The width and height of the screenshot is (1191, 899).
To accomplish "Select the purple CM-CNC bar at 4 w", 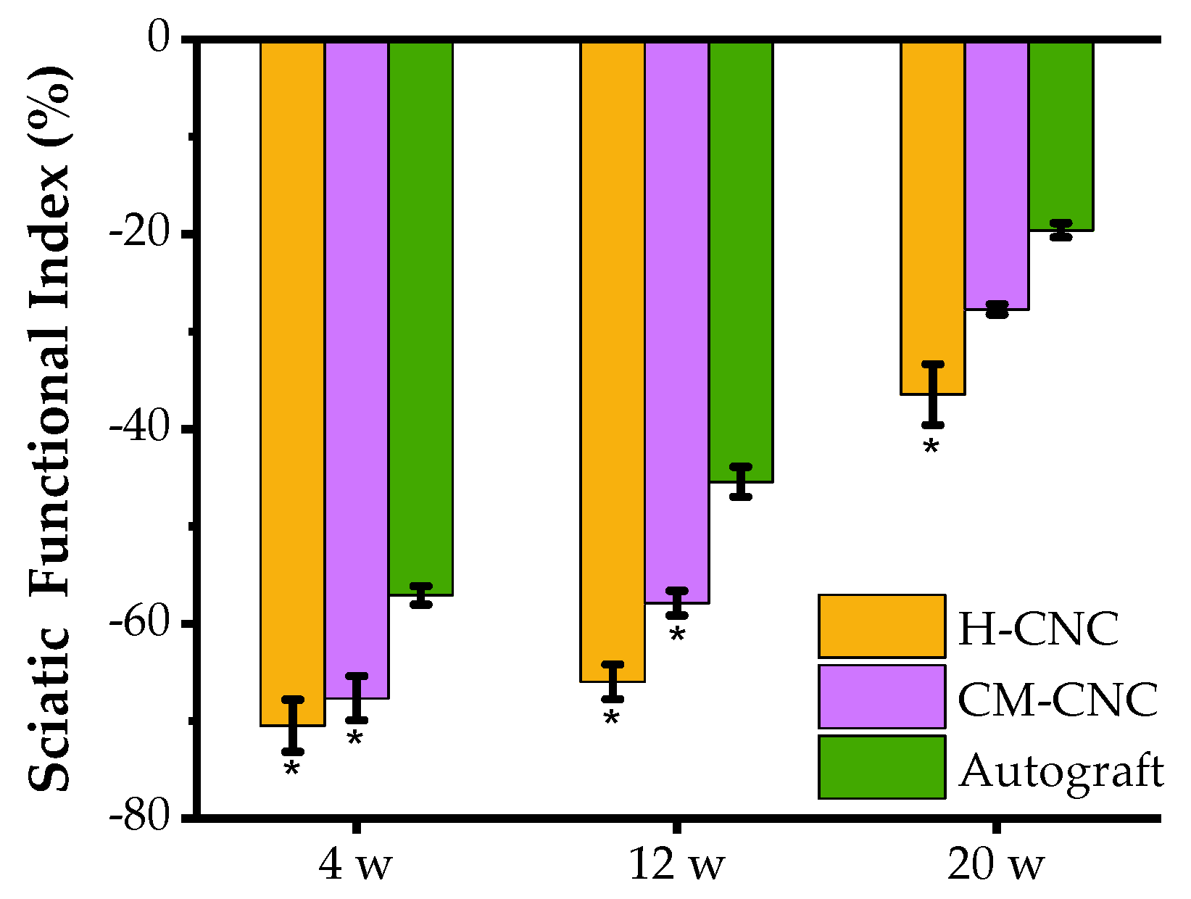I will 357,370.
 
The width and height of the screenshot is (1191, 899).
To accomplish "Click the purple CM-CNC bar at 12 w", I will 676,322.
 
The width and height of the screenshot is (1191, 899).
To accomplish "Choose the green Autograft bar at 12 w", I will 741,261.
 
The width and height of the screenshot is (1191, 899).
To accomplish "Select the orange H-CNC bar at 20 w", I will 933,217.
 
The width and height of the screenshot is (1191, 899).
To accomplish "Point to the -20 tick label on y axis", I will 138,233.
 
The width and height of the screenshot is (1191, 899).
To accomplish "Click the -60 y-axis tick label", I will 138,622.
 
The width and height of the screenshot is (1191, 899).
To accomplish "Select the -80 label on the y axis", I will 138,817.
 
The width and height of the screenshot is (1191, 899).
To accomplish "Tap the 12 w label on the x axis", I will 676,865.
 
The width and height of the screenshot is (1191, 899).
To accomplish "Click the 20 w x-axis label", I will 996,865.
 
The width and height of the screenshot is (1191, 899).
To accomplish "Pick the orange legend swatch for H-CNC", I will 881,626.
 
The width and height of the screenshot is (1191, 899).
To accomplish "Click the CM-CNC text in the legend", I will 1058,700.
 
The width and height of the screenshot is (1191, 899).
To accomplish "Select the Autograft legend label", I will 1061,770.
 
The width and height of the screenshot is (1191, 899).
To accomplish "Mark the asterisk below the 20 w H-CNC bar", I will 931,448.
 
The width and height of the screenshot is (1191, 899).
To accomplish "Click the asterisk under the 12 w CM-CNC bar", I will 677,636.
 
